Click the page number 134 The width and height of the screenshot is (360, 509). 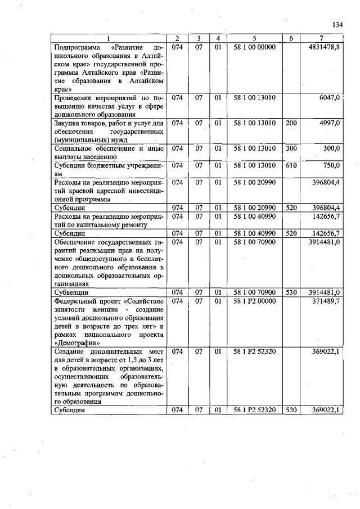click(337, 24)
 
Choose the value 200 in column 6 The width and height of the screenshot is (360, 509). click(291, 123)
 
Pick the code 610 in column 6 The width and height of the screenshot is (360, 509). click(291, 165)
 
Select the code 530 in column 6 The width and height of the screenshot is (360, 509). click(291, 292)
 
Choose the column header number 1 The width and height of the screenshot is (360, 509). click(108, 38)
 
